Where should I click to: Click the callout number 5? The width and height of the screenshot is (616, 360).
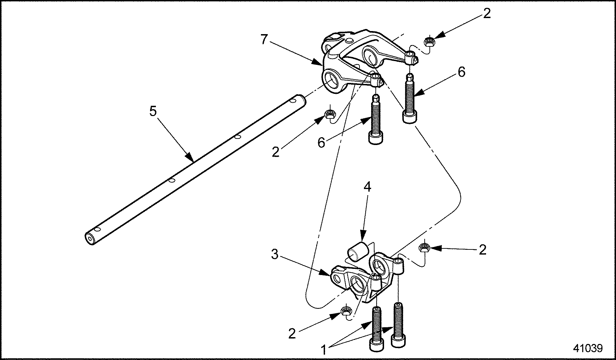pyautogui.click(x=153, y=112)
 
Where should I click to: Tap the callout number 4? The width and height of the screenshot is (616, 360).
pyautogui.click(x=367, y=187)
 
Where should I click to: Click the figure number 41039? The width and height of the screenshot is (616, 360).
pyautogui.click(x=588, y=348)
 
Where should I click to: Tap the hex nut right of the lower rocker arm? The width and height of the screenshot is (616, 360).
pyautogui.click(x=424, y=247)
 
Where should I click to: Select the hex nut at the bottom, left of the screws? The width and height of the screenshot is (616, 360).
pyautogui.click(x=347, y=311)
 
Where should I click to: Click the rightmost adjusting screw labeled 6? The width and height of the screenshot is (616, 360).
pyautogui.click(x=409, y=99)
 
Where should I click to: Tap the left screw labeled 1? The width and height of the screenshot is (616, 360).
pyautogui.click(x=376, y=328)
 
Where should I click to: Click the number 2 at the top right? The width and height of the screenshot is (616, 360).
pyautogui.click(x=486, y=14)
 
